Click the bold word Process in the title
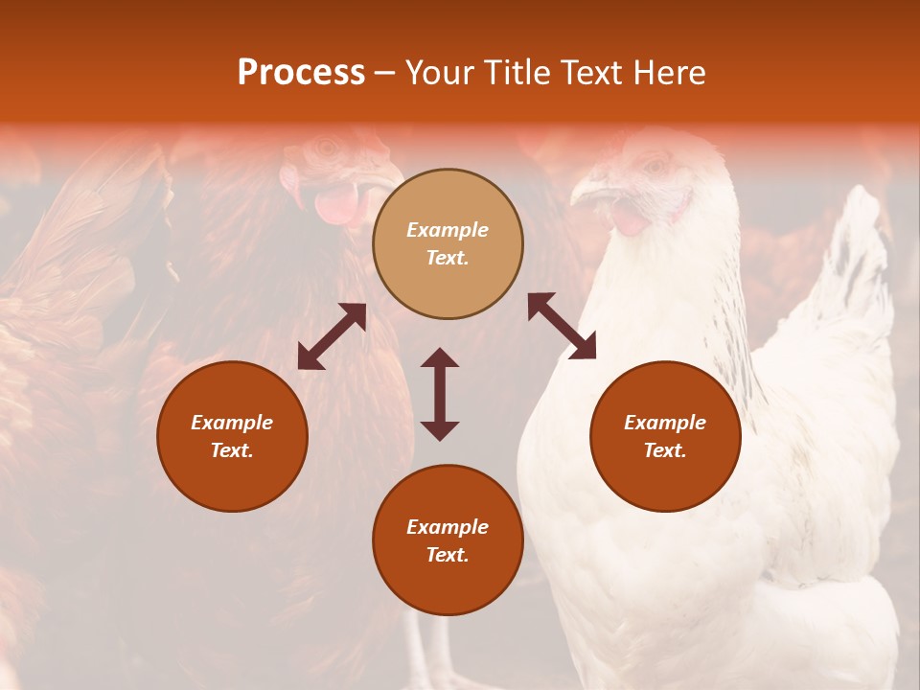click(x=301, y=73)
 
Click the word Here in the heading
click(x=666, y=73)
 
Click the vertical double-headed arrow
click(x=440, y=394)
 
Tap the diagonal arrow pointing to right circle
click(x=562, y=326)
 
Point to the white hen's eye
click(x=656, y=166)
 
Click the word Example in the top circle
click(x=448, y=230)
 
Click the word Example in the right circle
click(x=664, y=423)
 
